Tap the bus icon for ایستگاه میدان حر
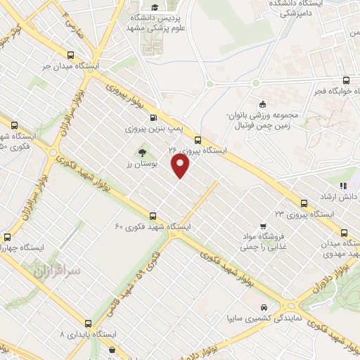tap(70, 54)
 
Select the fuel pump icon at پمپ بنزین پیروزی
tap(133, 117)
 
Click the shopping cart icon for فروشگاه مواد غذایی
tap(262, 226)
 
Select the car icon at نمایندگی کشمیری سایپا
tap(263, 307)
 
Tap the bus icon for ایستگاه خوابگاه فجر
tap(345, 81)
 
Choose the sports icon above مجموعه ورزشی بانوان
tap(263, 102)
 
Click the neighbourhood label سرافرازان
tap(58, 270)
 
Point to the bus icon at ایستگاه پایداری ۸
tap(87, 323)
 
